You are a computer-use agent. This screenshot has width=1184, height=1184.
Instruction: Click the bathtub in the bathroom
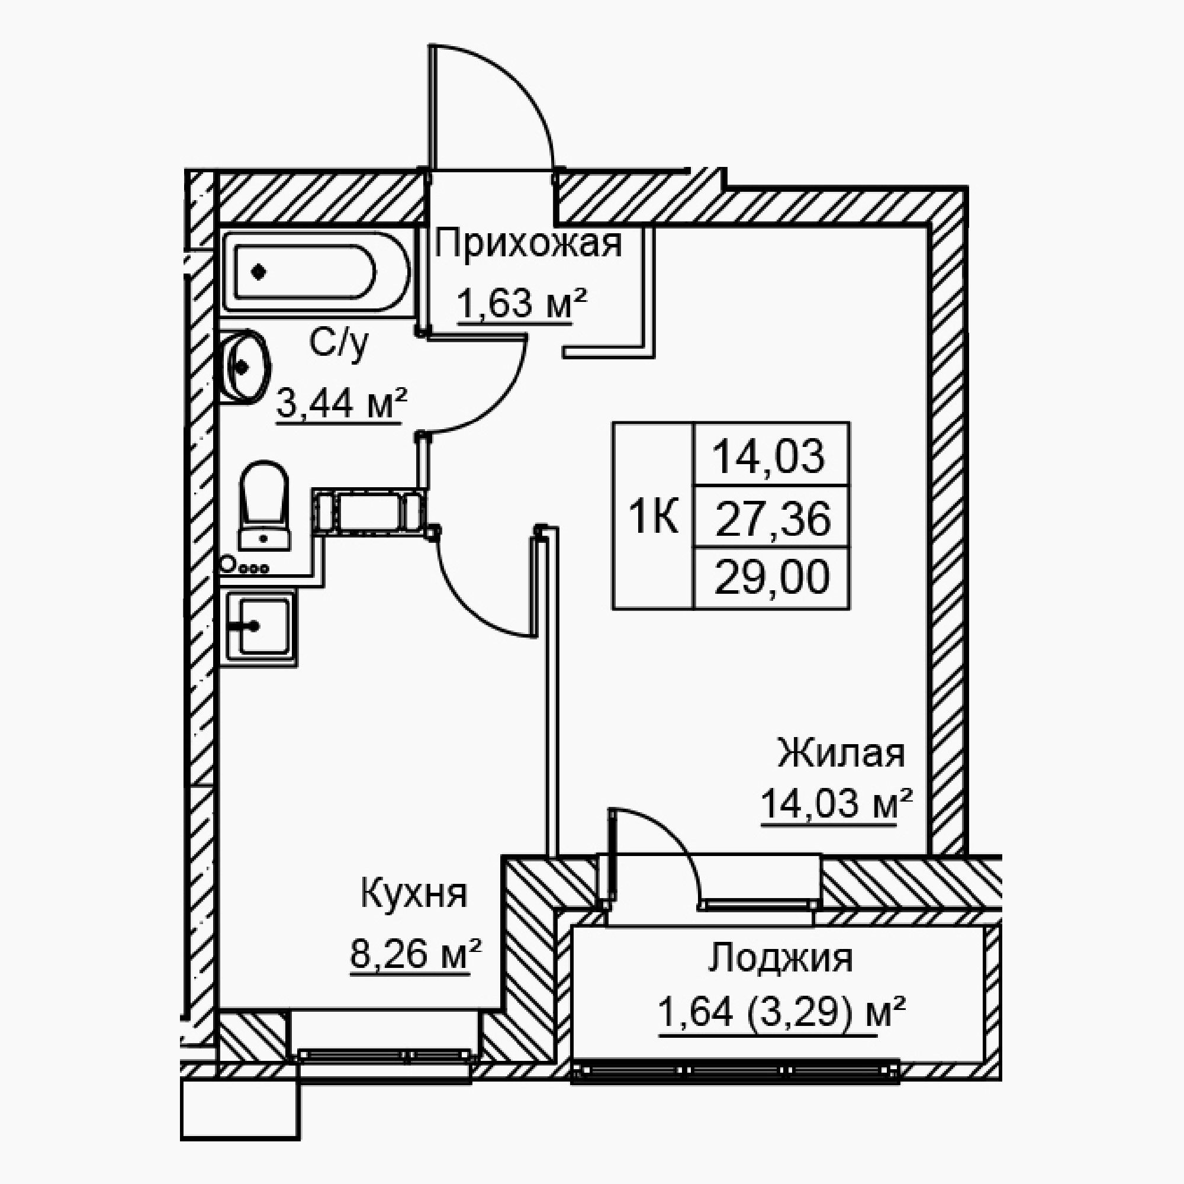click(x=316, y=272)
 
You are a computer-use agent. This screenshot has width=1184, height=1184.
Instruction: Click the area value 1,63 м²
click(x=523, y=304)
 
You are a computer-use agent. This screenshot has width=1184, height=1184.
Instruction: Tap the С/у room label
click(x=339, y=345)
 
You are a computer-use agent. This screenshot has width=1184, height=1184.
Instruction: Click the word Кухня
click(x=414, y=894)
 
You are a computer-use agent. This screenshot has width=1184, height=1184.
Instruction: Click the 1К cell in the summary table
click(x=654, y=516)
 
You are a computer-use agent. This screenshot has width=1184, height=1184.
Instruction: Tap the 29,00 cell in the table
click(x=771, y=577)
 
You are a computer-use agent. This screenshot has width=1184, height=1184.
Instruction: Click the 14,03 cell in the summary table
click(x=771, y=455)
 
